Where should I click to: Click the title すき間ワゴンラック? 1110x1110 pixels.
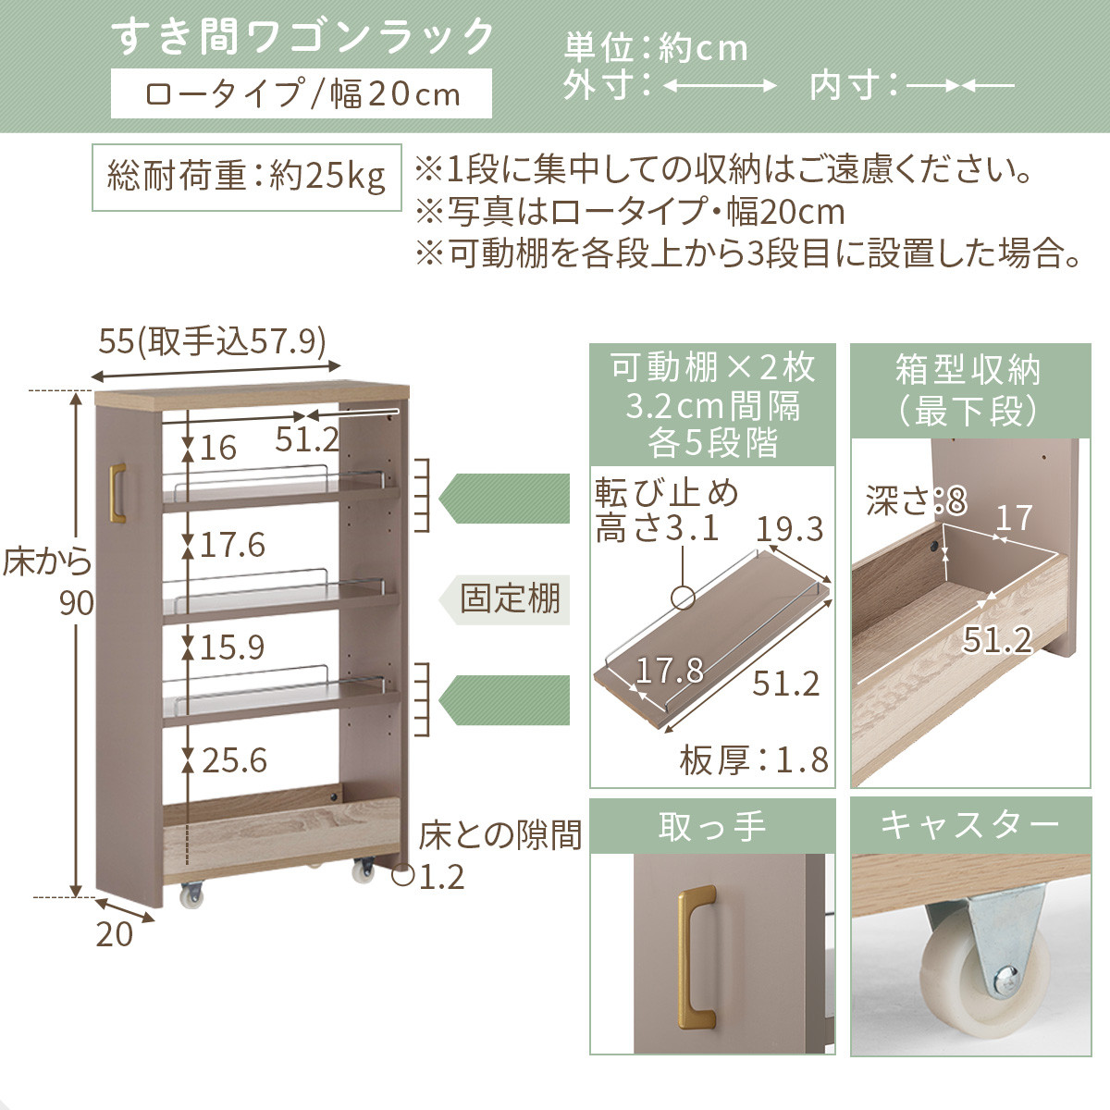(303, 38)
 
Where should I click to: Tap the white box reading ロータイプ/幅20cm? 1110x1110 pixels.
(301, 94)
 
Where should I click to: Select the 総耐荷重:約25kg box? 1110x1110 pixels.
(246, 176)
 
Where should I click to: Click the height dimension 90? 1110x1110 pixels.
(77, 603)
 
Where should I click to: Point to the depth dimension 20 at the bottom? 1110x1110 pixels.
(115, 934)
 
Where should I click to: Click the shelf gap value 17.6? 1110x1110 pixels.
(232, 545)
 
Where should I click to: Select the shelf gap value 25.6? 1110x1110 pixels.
(234, 760)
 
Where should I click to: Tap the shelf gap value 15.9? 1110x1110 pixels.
(232, 647)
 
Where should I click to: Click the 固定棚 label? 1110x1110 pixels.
(510, 598)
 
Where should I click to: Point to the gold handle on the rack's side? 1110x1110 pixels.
(117, 492)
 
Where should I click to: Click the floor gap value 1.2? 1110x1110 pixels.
(441, 876)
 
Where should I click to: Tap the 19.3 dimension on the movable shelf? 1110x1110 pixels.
(789, 529)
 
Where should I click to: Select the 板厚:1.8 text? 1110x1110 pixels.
(754, 760)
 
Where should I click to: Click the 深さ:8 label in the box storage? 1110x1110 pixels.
(916, 501)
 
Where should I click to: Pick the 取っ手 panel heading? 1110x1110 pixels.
(712, 826)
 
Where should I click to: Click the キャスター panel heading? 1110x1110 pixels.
(969, 825)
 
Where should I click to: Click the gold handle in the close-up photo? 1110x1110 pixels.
(697, 958)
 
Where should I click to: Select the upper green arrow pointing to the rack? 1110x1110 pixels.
(504, 499)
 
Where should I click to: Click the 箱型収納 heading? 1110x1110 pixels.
(969, 389)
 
